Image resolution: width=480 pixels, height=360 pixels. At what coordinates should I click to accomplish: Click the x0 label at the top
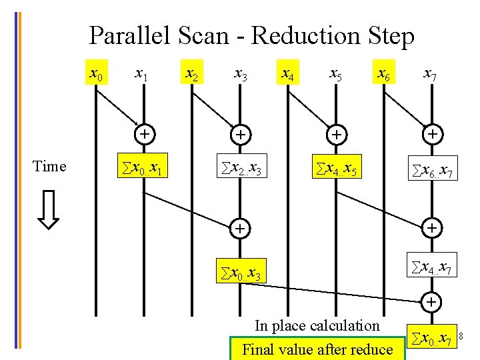coord(96,73)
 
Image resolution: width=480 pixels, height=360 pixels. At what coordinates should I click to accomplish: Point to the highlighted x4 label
coord(287,73)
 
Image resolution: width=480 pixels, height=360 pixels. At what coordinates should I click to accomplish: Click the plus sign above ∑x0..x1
coord(143,134)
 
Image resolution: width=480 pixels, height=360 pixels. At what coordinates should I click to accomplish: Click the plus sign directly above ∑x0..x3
coord(239,229)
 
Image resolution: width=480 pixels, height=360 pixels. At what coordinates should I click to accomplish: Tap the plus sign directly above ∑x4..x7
coord(432,229)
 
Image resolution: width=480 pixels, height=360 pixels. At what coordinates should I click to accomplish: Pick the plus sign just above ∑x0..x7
coord(432,301)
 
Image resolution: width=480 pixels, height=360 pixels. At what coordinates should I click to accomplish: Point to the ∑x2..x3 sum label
coord(240,171)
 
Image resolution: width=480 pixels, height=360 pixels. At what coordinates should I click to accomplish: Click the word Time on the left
coord(49,167)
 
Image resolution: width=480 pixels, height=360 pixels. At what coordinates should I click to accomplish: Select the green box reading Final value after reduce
coord(317,349)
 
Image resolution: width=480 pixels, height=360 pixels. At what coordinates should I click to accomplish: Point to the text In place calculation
coord(317,326)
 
